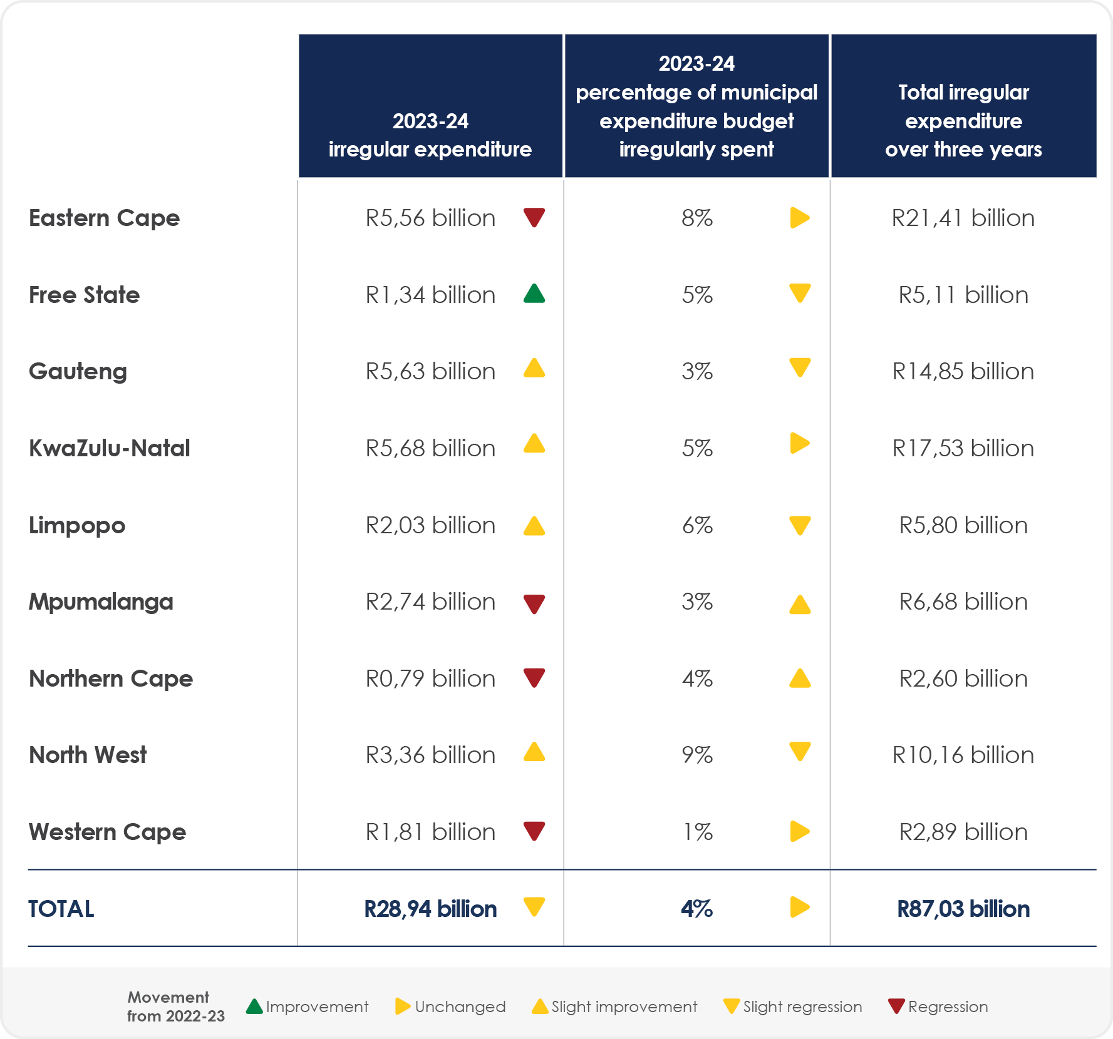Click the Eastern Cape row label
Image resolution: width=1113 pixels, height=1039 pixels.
pyautogui.click(x=104, y=218)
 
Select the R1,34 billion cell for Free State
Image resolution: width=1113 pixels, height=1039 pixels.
pyautogui.click(x=430, y=295)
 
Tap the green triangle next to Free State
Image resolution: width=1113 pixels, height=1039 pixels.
pyautogui.click(x=534, y=294)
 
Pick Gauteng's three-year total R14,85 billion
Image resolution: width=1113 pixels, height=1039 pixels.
pyautogui.click(x=963, y=371)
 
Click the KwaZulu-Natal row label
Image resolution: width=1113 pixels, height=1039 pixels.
pyautogui.click(x=110, y=448)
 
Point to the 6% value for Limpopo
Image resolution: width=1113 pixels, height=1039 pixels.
pyautogui.click(x=696, y=525)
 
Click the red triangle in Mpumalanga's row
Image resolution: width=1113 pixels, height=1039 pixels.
pyautogui.click(x=534, y=603)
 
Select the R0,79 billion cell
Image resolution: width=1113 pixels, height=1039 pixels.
pyautogui.click(x=430, y=678)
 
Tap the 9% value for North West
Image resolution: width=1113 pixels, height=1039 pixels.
pyautogui.click(x=696, y=755)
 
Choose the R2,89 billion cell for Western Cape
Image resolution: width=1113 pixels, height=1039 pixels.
pyautogui.click(x=963, y=832)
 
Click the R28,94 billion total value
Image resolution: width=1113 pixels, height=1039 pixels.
pyautogui.click(x=430, y=909)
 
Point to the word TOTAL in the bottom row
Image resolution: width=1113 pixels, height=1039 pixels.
pyautogui.click(x=61, y=909)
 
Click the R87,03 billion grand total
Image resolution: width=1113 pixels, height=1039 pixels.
pyautogui.click(x=963, y=909)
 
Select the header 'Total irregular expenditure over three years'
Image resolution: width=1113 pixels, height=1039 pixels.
pyautogui.click(x=963, y=120)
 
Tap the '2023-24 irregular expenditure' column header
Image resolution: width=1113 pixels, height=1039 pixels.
pyautogui.click(x=430, y=135)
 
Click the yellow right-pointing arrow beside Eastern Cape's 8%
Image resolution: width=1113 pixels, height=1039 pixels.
pyautogui.click(x=799, y=218)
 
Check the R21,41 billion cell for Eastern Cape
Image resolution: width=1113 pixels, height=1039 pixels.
pyautogui.click(x=963, y=218)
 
